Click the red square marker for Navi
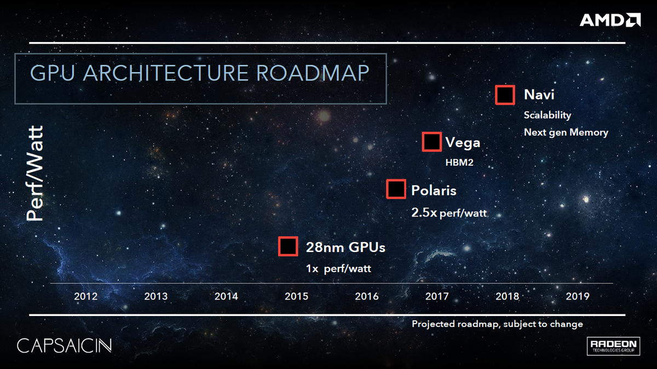[x=505, y=95]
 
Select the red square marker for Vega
[x=431, y=142]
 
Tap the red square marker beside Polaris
[x=396, y=190]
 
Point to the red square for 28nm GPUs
[x=287, y=247]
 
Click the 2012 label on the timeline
[x=85, y=296]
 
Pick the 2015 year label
[x=296, y=296]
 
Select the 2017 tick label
[x=436, y=296]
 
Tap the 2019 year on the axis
[x=577, y=296]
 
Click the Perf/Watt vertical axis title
[x=36, y=174]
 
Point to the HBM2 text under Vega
[x=459, y=162]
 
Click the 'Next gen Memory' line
[x=566, y=132]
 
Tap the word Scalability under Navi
[x=547, y=115]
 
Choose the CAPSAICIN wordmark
[x=65, y=345]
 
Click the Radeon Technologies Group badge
[x=613, y=345]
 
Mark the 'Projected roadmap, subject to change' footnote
[x=497, y=324]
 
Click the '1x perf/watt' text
[x=342, y=269]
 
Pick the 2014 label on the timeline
[x=226, y=296]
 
